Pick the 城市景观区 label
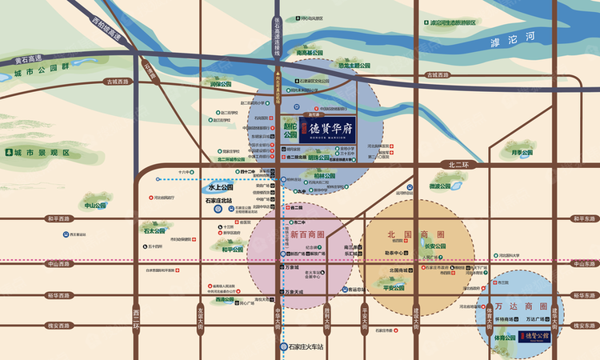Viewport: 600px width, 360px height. point(45,152)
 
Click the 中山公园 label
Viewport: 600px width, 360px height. point(95,206)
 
